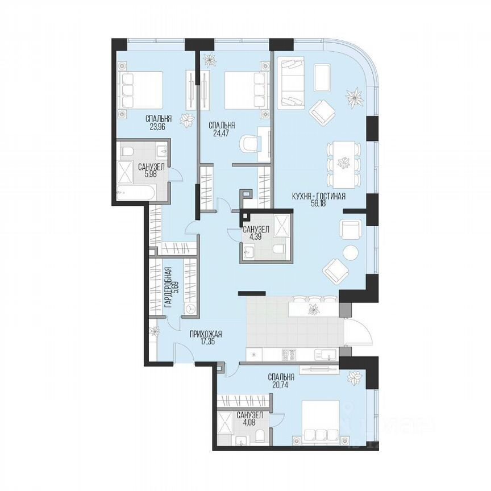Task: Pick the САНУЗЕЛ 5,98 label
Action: (x=151, y=171)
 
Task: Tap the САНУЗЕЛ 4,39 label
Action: (x=253, y=234)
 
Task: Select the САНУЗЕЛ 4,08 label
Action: (x=250, y=419)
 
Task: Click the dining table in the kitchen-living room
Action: (x=343, y=165)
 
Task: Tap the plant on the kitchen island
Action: (x=313, y=309)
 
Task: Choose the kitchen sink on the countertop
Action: (x=326, y=355)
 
